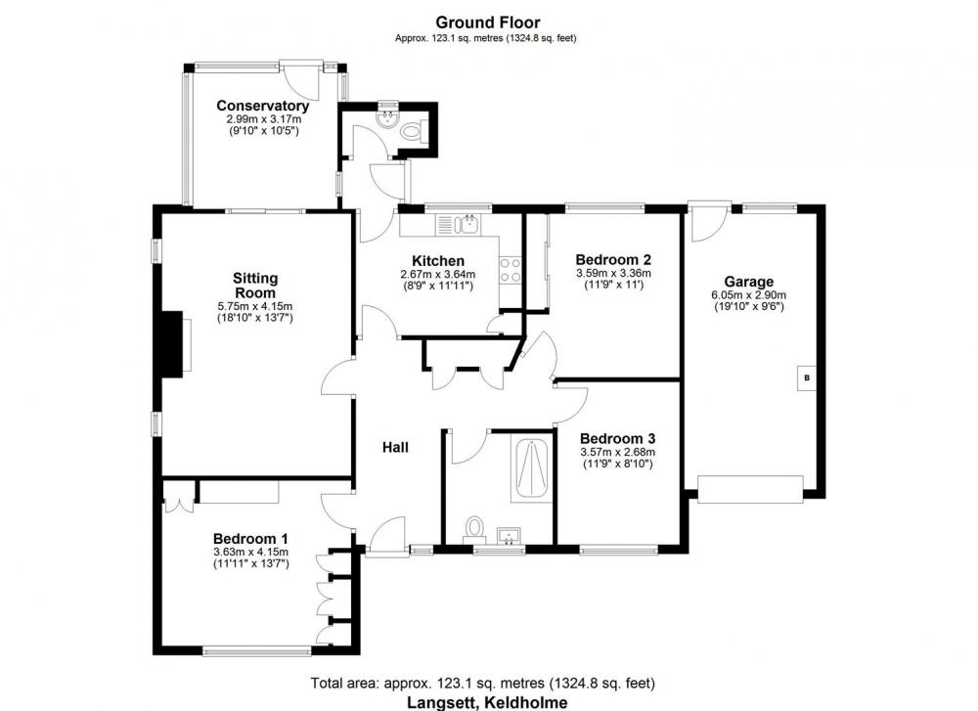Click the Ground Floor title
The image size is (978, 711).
pos(487,22)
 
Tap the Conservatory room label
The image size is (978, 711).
pos(262,106)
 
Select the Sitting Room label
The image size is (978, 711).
pos(255,286)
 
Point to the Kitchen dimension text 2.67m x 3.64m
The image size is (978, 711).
pos(438,275)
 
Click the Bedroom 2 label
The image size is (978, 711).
pos(613,259)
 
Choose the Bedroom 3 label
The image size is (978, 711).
pos(617,439)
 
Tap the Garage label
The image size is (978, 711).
pos(748,283)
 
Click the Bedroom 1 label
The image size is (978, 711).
pos(250,539)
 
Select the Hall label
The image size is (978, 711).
pos(395,447)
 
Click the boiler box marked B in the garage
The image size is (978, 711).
pos(807,378)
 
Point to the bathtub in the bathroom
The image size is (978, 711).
pos(531,469)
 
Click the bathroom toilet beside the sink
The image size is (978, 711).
pos(474,529)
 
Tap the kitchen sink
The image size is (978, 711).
pos(467,223)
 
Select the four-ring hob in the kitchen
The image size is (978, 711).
pos(511,271)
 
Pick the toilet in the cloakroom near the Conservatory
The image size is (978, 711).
pos(413,131)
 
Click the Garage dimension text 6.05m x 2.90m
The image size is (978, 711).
pos(748,295)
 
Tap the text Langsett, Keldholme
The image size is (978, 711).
pos(488,702)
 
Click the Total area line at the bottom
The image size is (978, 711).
pos(483,683)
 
